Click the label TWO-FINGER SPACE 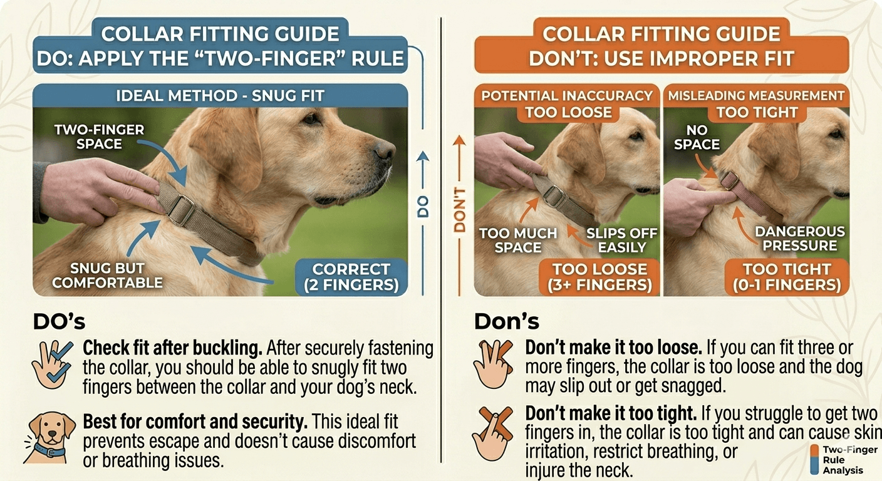tap(99, 137)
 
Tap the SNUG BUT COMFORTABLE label tap(107, 275)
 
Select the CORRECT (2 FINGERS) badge tap(351, 277)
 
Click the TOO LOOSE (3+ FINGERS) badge tap(599, 277)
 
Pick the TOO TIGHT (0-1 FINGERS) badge tap(787, 277)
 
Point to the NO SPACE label tap(697, 137)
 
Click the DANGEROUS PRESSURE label tap(800, 238)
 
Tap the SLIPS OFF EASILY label tap(622, 240)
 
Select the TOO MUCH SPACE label tap(518, 240)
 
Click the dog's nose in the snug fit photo tap(384, 150)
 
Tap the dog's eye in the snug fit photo tap(311, 118)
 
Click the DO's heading tap(59, 321)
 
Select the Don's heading tap(506, 321)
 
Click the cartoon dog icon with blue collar tap(49, 438)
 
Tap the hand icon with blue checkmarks tap(53, 364)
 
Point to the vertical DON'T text tap(460, 210)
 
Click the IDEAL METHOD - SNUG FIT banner tap(220, 96)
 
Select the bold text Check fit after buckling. tap(172, 348)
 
